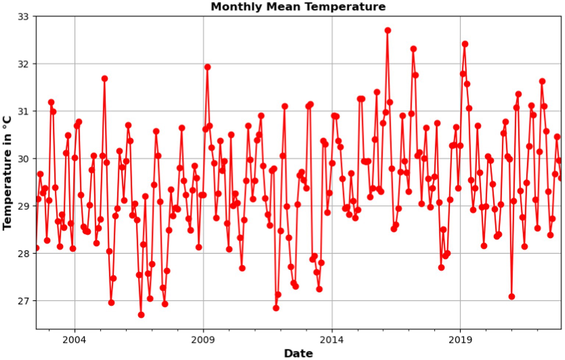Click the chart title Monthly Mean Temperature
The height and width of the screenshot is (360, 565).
click(x=298, y=7)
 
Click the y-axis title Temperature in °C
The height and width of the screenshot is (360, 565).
click(x=7, y=173)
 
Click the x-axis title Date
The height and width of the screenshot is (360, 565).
click(x=298, y=353)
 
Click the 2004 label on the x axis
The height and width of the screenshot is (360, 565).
click(x=74, y=339)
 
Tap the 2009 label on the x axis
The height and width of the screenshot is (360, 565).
click(x=203, y=339)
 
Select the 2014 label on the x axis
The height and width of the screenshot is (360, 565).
click(x=332, y=339)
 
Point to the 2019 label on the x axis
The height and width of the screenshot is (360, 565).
click(x=460, y=339)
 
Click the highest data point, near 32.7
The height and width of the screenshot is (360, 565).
click(x=388, y=31)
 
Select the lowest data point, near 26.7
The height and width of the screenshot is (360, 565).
click(x=141, y=315)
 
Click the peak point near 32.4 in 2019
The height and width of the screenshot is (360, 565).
click(x=465, y=44)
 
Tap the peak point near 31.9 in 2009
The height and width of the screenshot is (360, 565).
click(x=207, y=67)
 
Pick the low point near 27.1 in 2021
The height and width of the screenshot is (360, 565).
click(x=512, y=296)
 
